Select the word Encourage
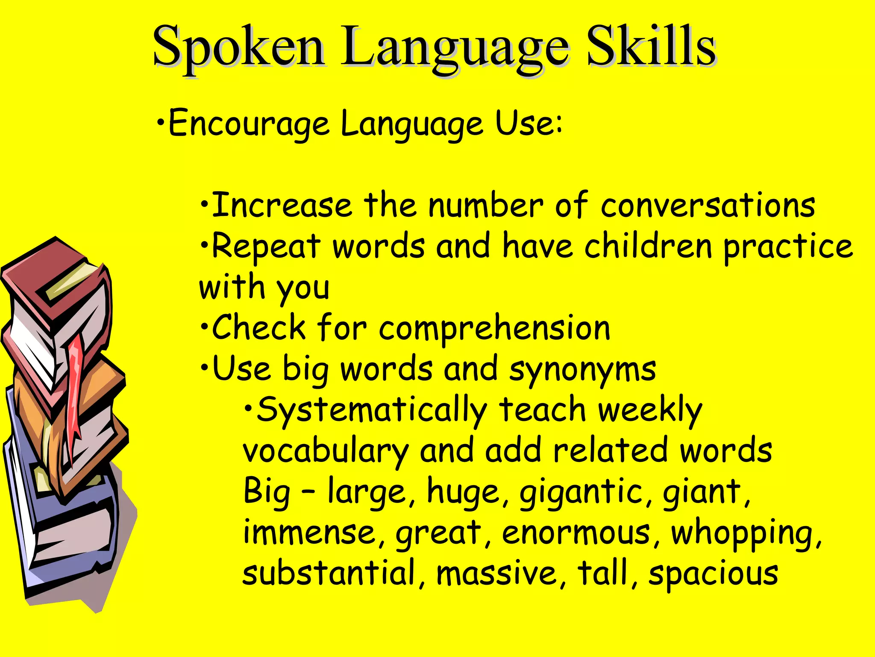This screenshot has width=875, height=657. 249,124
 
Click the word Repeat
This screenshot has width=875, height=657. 266,247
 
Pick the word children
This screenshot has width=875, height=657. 648,246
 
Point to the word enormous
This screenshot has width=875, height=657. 576,533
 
